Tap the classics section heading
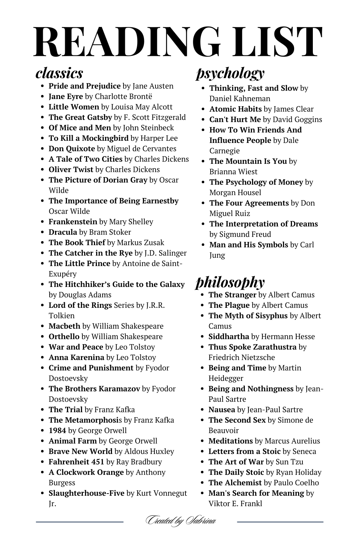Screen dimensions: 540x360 59,73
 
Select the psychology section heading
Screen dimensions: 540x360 230,73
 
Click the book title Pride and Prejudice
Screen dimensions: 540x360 85,86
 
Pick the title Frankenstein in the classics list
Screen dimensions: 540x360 73,222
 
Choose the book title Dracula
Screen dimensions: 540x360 63,232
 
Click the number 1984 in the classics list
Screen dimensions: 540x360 57,431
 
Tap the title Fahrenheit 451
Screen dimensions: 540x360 76,462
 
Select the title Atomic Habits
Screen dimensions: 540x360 235,109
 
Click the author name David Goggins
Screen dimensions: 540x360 297,120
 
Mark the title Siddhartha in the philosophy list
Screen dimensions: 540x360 229,337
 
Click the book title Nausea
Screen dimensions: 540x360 221,410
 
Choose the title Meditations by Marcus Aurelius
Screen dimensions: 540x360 230,441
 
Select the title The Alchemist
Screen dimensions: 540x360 235,483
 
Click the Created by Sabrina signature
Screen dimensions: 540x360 180,521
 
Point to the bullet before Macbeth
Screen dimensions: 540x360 42,327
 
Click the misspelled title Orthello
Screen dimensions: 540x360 64,337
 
